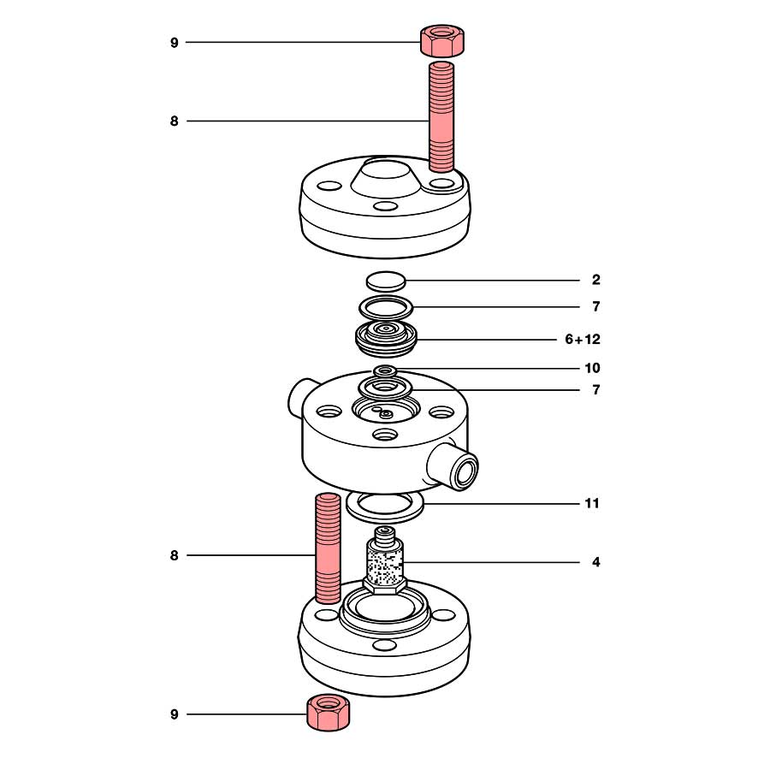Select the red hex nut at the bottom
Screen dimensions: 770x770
coord(328,712)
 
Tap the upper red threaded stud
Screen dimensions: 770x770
coord(441,116)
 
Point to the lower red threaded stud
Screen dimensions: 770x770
coord(327,548)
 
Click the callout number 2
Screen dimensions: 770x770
coord(595,280)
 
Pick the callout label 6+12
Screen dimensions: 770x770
coord(583,340)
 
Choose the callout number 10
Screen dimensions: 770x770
coord(592,368)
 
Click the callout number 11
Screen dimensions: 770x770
coord(592,503)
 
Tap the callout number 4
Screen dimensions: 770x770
coord(595,562)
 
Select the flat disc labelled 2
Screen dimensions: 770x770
coord(386,281)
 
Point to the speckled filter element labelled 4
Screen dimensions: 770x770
coord(384,560)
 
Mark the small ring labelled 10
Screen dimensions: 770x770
coord(386,370)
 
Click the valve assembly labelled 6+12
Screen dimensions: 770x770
coord(386,338)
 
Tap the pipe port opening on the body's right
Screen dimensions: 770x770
coord(464,467)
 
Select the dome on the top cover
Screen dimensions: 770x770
coord(386,177)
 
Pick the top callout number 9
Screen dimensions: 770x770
coord(175,43)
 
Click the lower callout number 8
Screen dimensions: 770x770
coord(175,555)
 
